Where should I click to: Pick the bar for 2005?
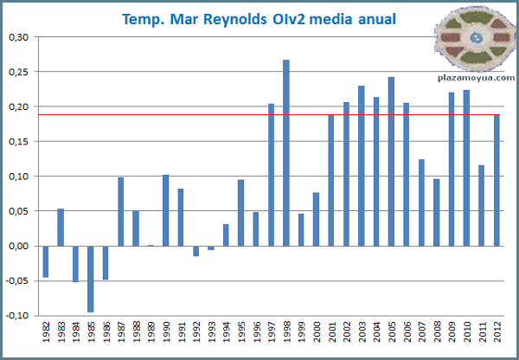392,161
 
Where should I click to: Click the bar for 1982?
46,261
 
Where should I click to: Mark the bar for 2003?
362,165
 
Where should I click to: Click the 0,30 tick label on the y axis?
17,37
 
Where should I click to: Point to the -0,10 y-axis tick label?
16,315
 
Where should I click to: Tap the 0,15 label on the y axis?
17,142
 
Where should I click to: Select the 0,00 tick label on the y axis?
17,246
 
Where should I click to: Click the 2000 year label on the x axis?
317,337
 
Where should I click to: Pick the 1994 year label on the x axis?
226,337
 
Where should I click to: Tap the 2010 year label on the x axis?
467,337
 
